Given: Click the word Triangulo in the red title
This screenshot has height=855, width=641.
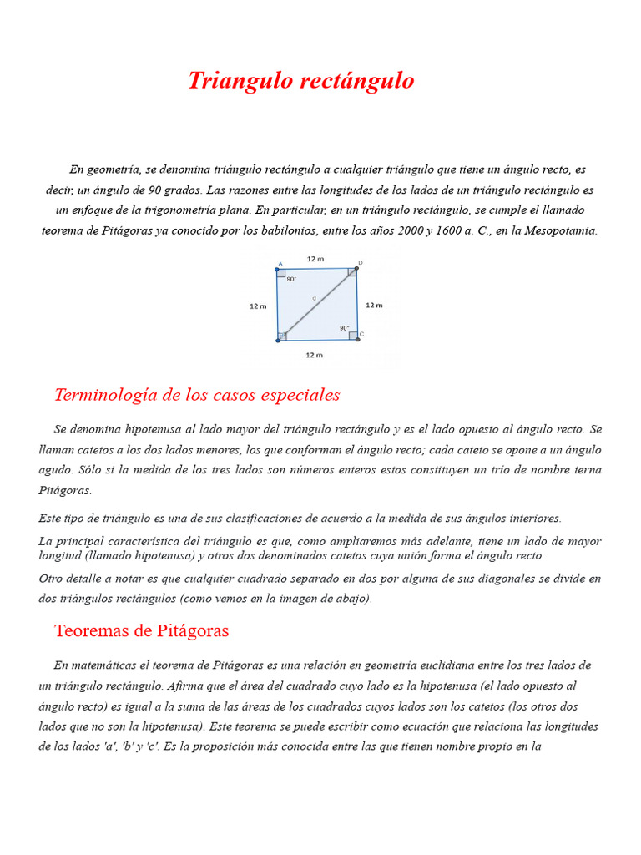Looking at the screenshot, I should point(237,81).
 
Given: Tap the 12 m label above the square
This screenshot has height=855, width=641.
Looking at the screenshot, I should point(315,259).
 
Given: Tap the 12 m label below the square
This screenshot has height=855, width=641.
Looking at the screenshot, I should point(314,356).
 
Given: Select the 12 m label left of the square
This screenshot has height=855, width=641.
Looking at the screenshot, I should point(258,306).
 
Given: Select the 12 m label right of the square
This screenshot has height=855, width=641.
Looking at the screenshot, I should point(374,306).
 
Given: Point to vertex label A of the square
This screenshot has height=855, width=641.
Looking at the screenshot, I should point(280,264).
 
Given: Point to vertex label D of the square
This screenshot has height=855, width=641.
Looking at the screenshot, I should point(360,263).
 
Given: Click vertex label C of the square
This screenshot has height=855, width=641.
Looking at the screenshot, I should point(361,334).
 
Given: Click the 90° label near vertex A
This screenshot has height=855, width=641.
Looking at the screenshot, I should point(291,280).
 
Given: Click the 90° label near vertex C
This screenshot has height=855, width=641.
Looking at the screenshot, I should point(344,328).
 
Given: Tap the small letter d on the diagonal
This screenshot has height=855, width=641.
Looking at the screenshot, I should point(314,298).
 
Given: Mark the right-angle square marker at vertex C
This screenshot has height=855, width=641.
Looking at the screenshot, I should point(353,336).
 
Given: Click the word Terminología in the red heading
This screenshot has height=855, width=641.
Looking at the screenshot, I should point(106,395).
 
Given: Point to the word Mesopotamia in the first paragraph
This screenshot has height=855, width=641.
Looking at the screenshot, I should point(560,230).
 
